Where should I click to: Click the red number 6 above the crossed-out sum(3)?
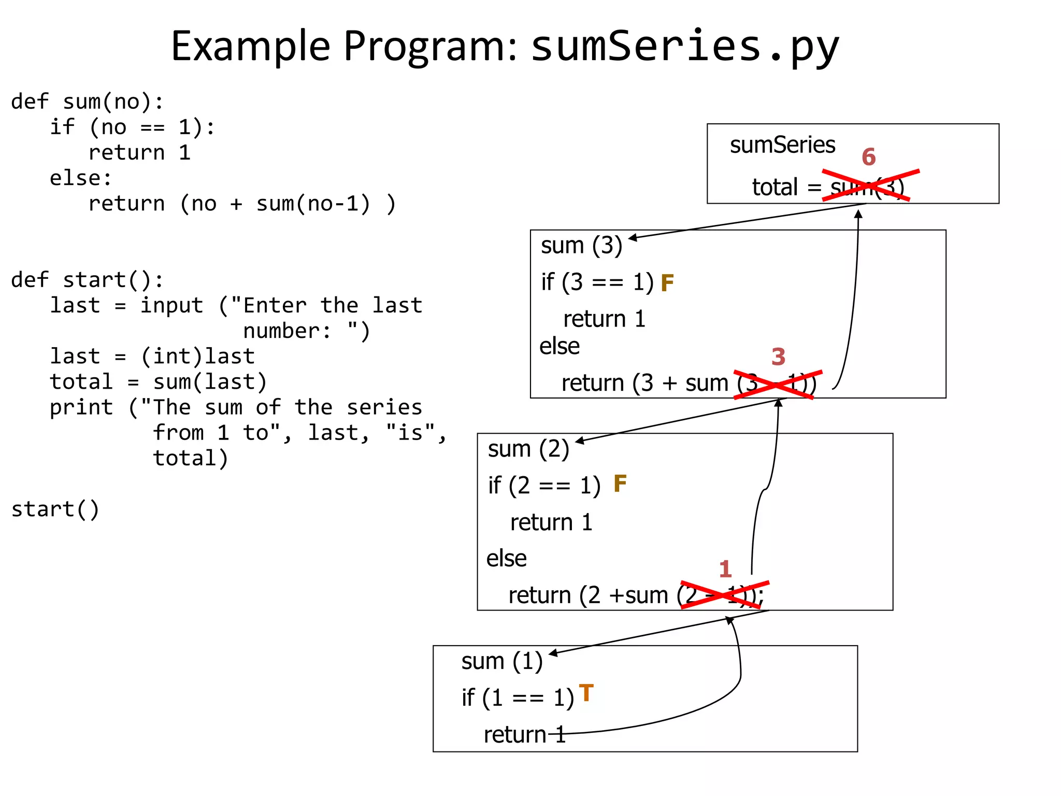tap(868, 157)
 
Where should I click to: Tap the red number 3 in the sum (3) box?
tap(778, 357)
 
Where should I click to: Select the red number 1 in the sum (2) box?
tap(725, 570)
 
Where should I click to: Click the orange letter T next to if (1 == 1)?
tap(586, 693)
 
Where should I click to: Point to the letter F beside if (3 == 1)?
tap(667, 283)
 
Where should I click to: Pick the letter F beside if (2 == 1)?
tap(620, 484)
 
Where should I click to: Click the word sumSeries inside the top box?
tap(782, 145)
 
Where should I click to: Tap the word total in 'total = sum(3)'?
tap(775, 187)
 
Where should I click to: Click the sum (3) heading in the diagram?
tap(581, 246)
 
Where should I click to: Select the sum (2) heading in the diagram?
tap(528, 449)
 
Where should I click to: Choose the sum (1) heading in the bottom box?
tap(501, 662)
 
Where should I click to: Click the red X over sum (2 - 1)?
tap(724, 594)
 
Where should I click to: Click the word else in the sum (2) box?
tap(506, 559)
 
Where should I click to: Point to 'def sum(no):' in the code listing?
tap(87, 102)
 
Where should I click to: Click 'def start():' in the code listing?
tap(87, 280)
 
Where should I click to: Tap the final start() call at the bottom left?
tap(55, 509)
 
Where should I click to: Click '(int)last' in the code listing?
tap(197, 357)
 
